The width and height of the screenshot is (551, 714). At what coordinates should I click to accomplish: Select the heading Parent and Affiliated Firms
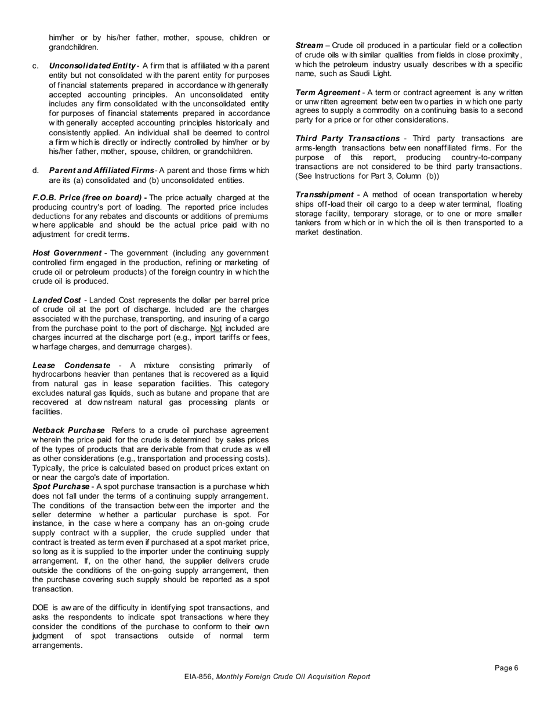click(101, 171)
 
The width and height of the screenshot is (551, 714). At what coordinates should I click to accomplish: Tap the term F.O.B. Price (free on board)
click(87, 198)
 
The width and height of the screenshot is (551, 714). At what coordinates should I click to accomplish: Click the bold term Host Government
click(67, 253)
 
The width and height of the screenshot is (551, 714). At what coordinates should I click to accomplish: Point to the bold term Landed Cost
click(56, 300)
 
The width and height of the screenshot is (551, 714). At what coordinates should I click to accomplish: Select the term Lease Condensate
click(71, 365)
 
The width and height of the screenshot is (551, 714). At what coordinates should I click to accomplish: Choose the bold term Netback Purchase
click(68, 430)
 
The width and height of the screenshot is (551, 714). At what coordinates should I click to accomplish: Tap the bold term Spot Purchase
click(61, 486)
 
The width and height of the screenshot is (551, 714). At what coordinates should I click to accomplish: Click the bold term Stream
click(309, 45)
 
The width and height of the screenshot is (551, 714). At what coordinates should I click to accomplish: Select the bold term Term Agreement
click(327, 92)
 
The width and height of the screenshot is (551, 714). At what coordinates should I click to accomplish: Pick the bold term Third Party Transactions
click(347, 138)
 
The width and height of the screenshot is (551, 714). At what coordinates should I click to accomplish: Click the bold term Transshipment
click(324, 194)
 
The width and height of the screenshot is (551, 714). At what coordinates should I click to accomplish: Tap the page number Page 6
click(506, 668)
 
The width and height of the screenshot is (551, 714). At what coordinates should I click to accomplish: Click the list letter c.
click(36, 66)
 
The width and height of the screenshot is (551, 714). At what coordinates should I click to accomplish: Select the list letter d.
click(36, 171)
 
